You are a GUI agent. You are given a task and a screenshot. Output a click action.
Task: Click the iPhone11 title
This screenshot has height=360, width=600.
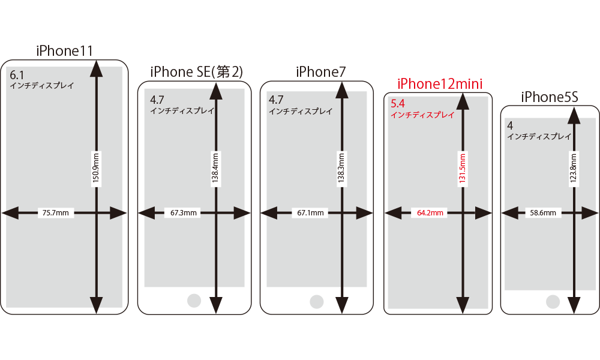pyautogui.click(x=65, y=51)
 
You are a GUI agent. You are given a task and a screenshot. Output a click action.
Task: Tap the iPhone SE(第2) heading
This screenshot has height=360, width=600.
pyautogui.click(x=196, y=72)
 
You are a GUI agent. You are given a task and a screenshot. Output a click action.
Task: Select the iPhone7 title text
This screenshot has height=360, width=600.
pyautogui.click(x=321, y=72)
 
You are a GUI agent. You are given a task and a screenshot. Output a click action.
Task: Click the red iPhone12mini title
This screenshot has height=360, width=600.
pyautogui.click(x=440, y=83)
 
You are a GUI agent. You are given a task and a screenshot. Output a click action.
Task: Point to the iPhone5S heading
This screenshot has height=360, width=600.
pyautogui.click(x=549, y=97)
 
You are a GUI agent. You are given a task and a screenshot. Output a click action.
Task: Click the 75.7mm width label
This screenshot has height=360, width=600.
pyautogui.click(x=56, y=212)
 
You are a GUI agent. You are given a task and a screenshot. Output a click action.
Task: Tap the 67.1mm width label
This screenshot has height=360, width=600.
pyautogui.click(x=310, y=212)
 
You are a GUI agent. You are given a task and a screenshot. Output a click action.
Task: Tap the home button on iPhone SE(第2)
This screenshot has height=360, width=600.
pyautogui.click(x=194, y=301)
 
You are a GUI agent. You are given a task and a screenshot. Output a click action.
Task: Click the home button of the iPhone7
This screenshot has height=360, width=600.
pyautogui.click(x=316, y=301)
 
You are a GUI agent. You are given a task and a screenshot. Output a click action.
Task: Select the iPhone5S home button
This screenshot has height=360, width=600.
pyautogui.click(x=553, y=301)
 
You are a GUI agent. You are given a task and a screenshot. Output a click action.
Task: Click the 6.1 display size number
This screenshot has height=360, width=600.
pyautogui.click(x=17, y=76)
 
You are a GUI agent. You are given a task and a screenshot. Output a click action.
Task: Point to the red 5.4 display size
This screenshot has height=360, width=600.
pyautogui.click(x=397, y=104)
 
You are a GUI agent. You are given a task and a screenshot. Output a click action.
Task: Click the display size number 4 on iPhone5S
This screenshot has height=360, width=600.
pyautogui.click(x=510, y=126)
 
